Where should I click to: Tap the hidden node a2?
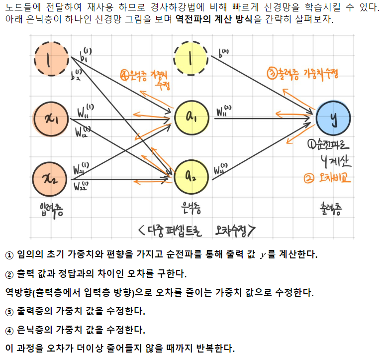click(x=192, y=175)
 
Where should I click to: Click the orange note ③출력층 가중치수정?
click(x=302, y=74)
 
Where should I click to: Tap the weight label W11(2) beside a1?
click(x=224, y=111)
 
